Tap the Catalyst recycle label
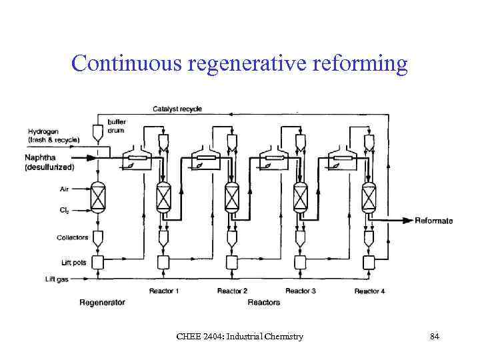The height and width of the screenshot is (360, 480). (177, 109)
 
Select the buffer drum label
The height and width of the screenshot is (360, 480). (117, 127)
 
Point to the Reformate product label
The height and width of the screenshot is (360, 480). (433, 221)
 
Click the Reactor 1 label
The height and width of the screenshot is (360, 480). (164, 291)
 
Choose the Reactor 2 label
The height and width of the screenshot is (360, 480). (232, 291)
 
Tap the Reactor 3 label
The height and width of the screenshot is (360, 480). (300, 291)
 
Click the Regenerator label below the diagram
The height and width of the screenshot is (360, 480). (102, 303)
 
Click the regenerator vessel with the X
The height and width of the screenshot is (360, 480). (99, 199)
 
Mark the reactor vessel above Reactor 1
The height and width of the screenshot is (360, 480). (164, 198)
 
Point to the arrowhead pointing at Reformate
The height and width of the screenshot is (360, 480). (407, 221)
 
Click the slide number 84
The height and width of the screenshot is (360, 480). (434, 337)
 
